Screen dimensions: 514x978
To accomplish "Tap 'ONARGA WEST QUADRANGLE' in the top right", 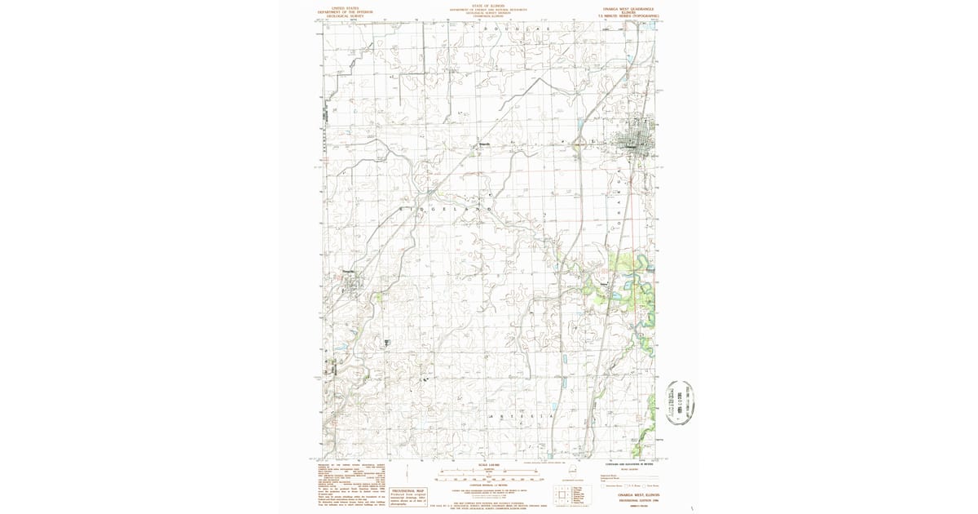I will (x=628, y=7).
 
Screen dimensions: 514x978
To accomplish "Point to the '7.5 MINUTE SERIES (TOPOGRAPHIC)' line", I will (x=628, y=16).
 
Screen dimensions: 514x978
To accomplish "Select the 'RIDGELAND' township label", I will (x=444, y=210).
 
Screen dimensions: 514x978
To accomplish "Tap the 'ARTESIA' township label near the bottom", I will (x=521, y=416).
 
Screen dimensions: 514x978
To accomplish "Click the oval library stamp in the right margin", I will (x=681, y=402).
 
